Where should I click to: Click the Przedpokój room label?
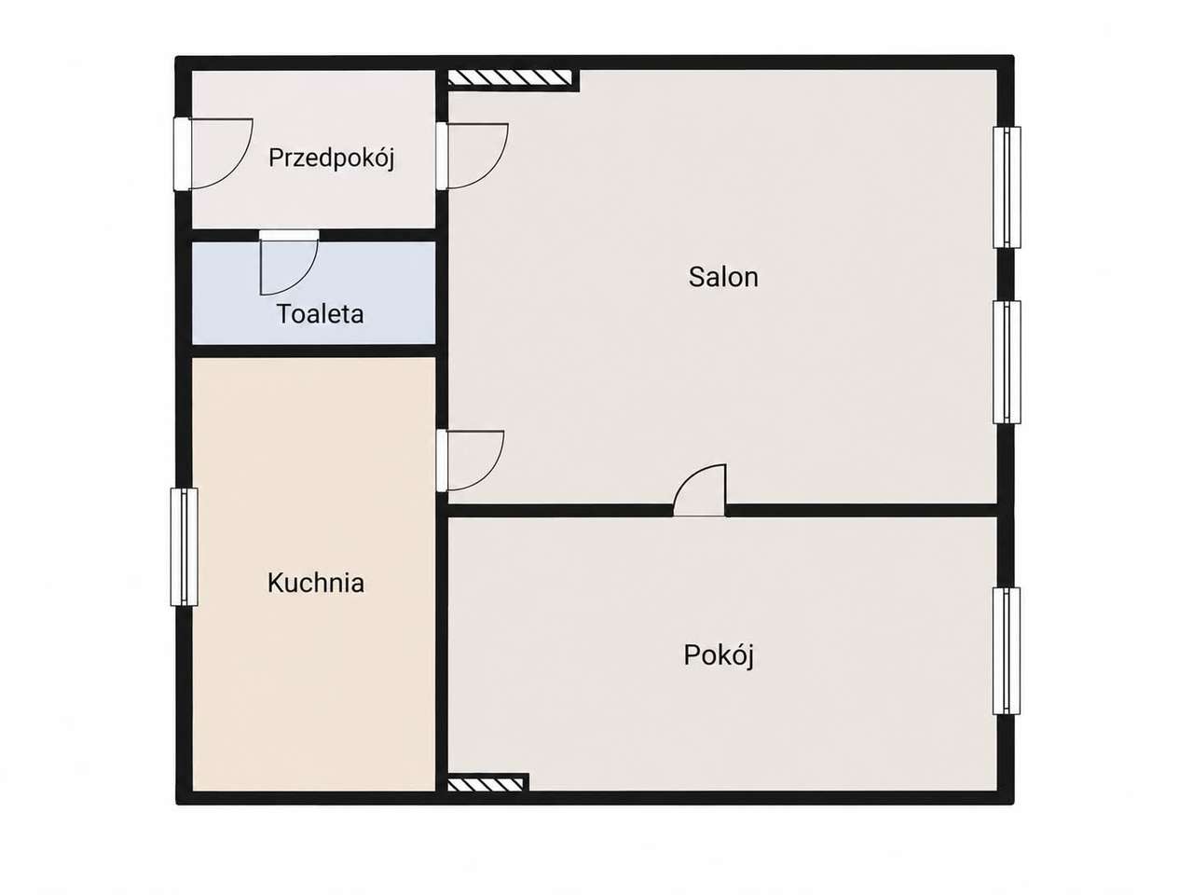[331, 158]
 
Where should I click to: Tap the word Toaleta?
[320, 313]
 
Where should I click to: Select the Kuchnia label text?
[316, 583]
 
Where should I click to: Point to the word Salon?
[723, 277]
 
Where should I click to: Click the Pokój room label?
[719, 656]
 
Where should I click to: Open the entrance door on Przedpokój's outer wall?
[213, 154]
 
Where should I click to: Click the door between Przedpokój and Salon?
[472, 156]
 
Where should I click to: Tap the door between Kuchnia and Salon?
[470, 461]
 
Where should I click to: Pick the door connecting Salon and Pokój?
[699, 490]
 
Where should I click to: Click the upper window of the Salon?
[1007, 187]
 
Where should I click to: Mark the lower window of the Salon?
[1007, 362]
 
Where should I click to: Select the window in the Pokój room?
[1006, 651]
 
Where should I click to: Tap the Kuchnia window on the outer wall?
[185, 546]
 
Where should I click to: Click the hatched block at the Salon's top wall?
[510, 78]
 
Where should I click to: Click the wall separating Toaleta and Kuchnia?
[314, 351]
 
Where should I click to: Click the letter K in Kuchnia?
[275, 583]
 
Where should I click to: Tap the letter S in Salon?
[697, 277]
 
